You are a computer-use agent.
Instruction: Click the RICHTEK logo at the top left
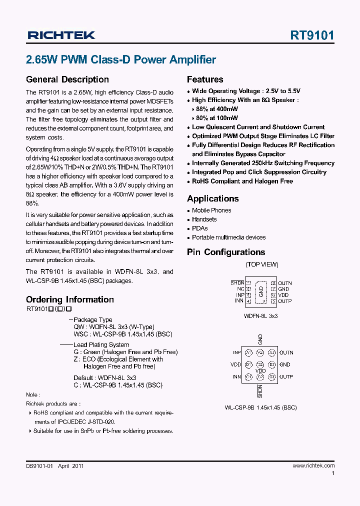[60, 35]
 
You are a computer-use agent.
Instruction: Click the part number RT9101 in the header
[312, 35]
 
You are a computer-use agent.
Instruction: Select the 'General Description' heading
[67, 79]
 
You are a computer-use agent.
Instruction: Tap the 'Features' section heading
[205, 79]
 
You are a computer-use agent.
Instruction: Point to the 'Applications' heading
[213, 198]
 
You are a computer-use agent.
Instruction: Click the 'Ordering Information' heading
[69, 299]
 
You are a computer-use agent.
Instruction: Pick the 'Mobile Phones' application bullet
[211, 210]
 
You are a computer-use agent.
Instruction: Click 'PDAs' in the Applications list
[200, 228]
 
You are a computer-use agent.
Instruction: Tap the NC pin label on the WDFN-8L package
[240, 289]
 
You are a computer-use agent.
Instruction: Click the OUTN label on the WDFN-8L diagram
[285, 283]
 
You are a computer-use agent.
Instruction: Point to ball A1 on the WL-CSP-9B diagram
[249, 353]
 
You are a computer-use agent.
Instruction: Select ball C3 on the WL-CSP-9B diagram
[271, 376]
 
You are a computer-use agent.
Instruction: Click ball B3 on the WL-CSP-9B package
[271, 364]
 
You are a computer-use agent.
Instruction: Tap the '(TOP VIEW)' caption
[261, 264]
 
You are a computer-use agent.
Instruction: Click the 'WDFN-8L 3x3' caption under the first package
[260, 316]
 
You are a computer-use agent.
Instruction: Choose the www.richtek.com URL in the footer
[313, 465]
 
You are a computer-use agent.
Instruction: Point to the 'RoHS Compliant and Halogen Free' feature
[242, 181]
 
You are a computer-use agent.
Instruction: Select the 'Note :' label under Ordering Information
[32, 394]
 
